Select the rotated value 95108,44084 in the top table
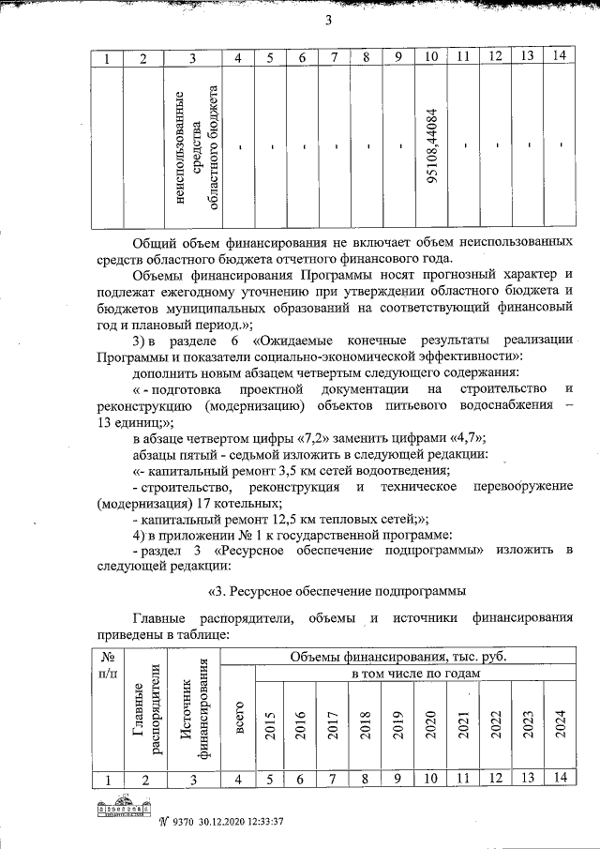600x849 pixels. coord(432,148)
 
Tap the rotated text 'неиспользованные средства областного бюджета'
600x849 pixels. coord(192,147)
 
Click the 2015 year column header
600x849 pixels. coord(271,725)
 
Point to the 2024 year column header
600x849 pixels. coord(559,725)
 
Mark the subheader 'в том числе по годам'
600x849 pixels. coord(414,674)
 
